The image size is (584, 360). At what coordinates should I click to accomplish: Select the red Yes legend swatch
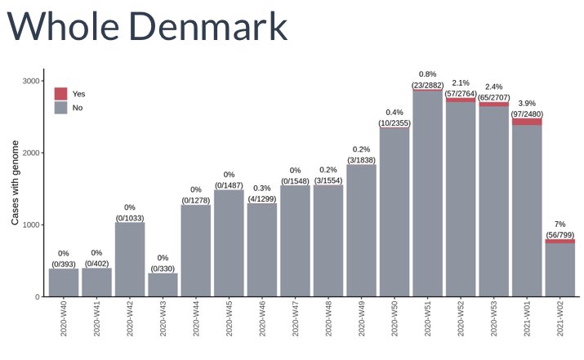point(60,94)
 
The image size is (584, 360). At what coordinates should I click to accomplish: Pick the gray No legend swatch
point(60,107)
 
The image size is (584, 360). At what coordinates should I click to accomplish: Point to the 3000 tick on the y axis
point(32,81)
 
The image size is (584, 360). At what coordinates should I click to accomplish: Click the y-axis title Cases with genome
point(15,182)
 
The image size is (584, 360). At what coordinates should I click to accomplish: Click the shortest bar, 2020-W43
point(163,284)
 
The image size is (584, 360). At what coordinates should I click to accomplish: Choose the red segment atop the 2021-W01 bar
point(526,122)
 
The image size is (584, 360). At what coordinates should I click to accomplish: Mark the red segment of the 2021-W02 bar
point(559,241)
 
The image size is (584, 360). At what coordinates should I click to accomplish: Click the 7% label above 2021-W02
point(559,223)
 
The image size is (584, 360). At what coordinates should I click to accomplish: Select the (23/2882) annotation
point(427,85)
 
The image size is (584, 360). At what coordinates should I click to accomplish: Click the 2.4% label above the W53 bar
point(493,87)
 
